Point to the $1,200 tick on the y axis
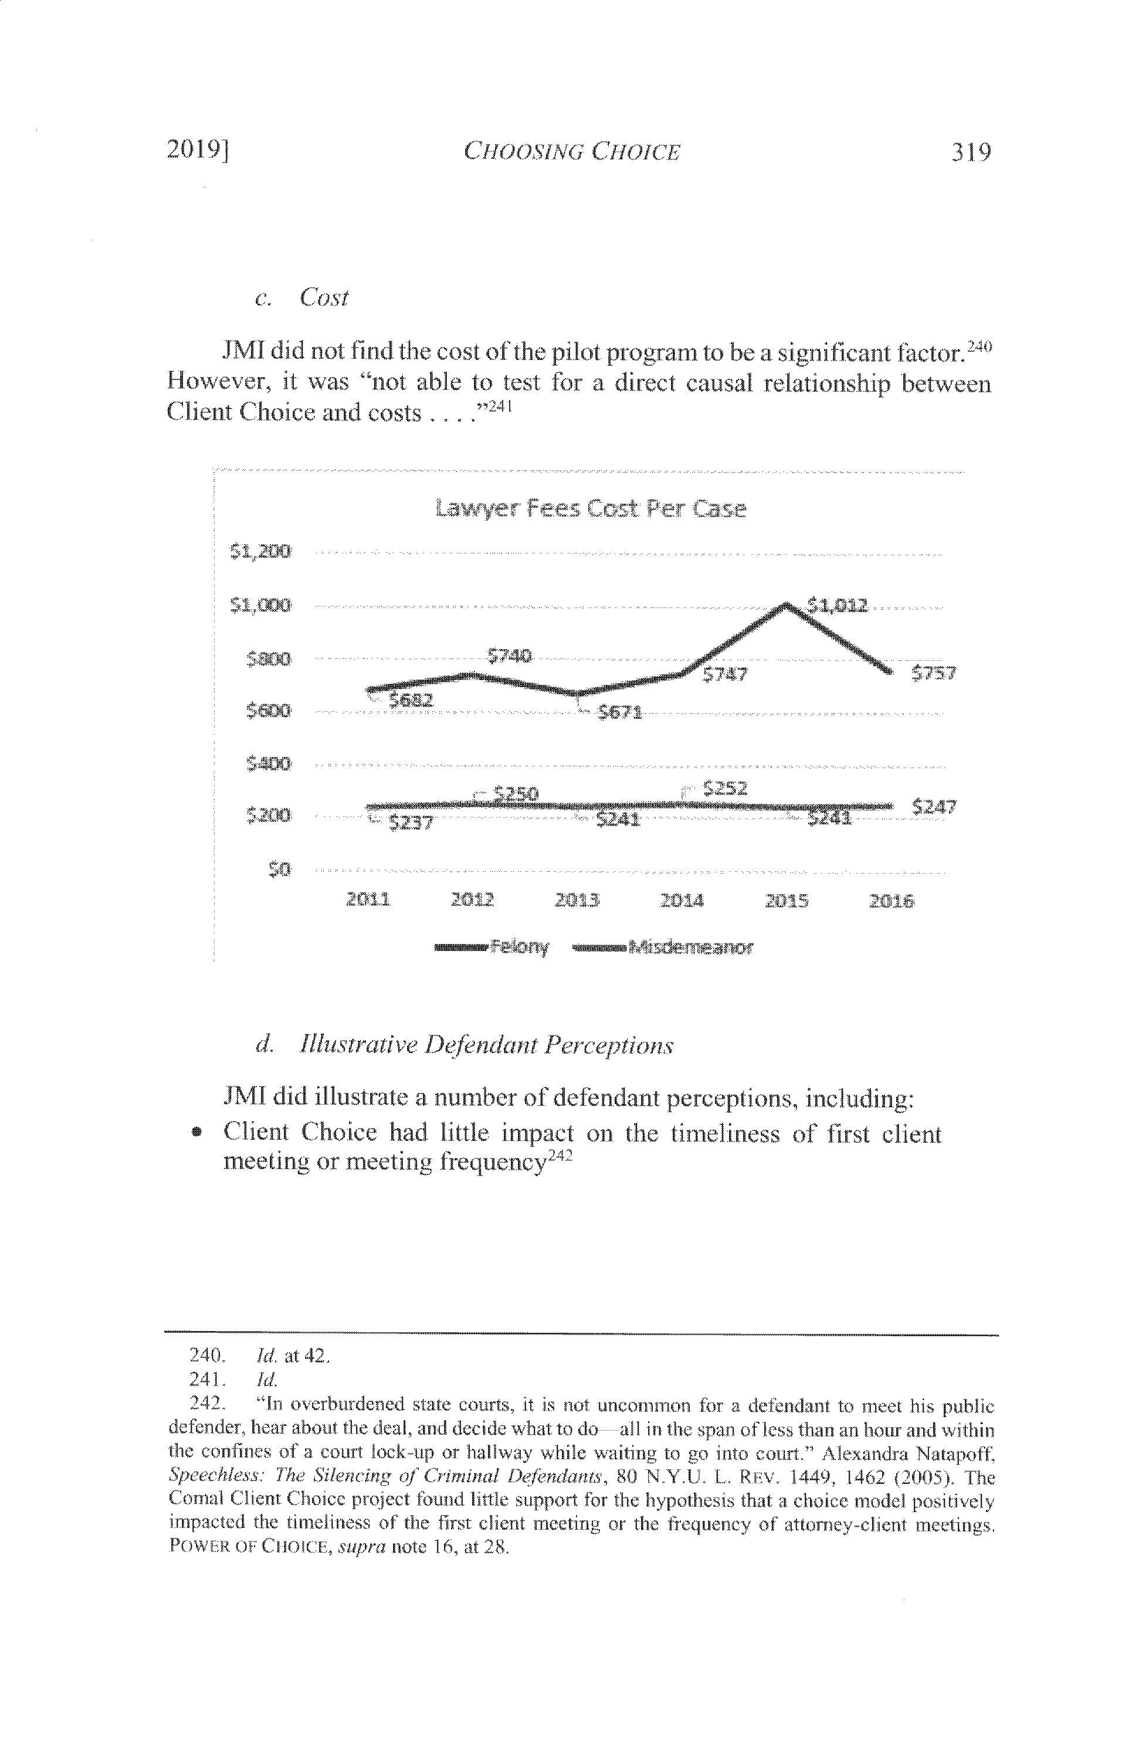click(x=261, y=551)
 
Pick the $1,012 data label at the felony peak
click(x=837, y=605)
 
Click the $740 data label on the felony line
click(x=509, y=656)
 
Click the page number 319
click(x=969, y=152)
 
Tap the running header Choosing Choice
click(x=572, y=152)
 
